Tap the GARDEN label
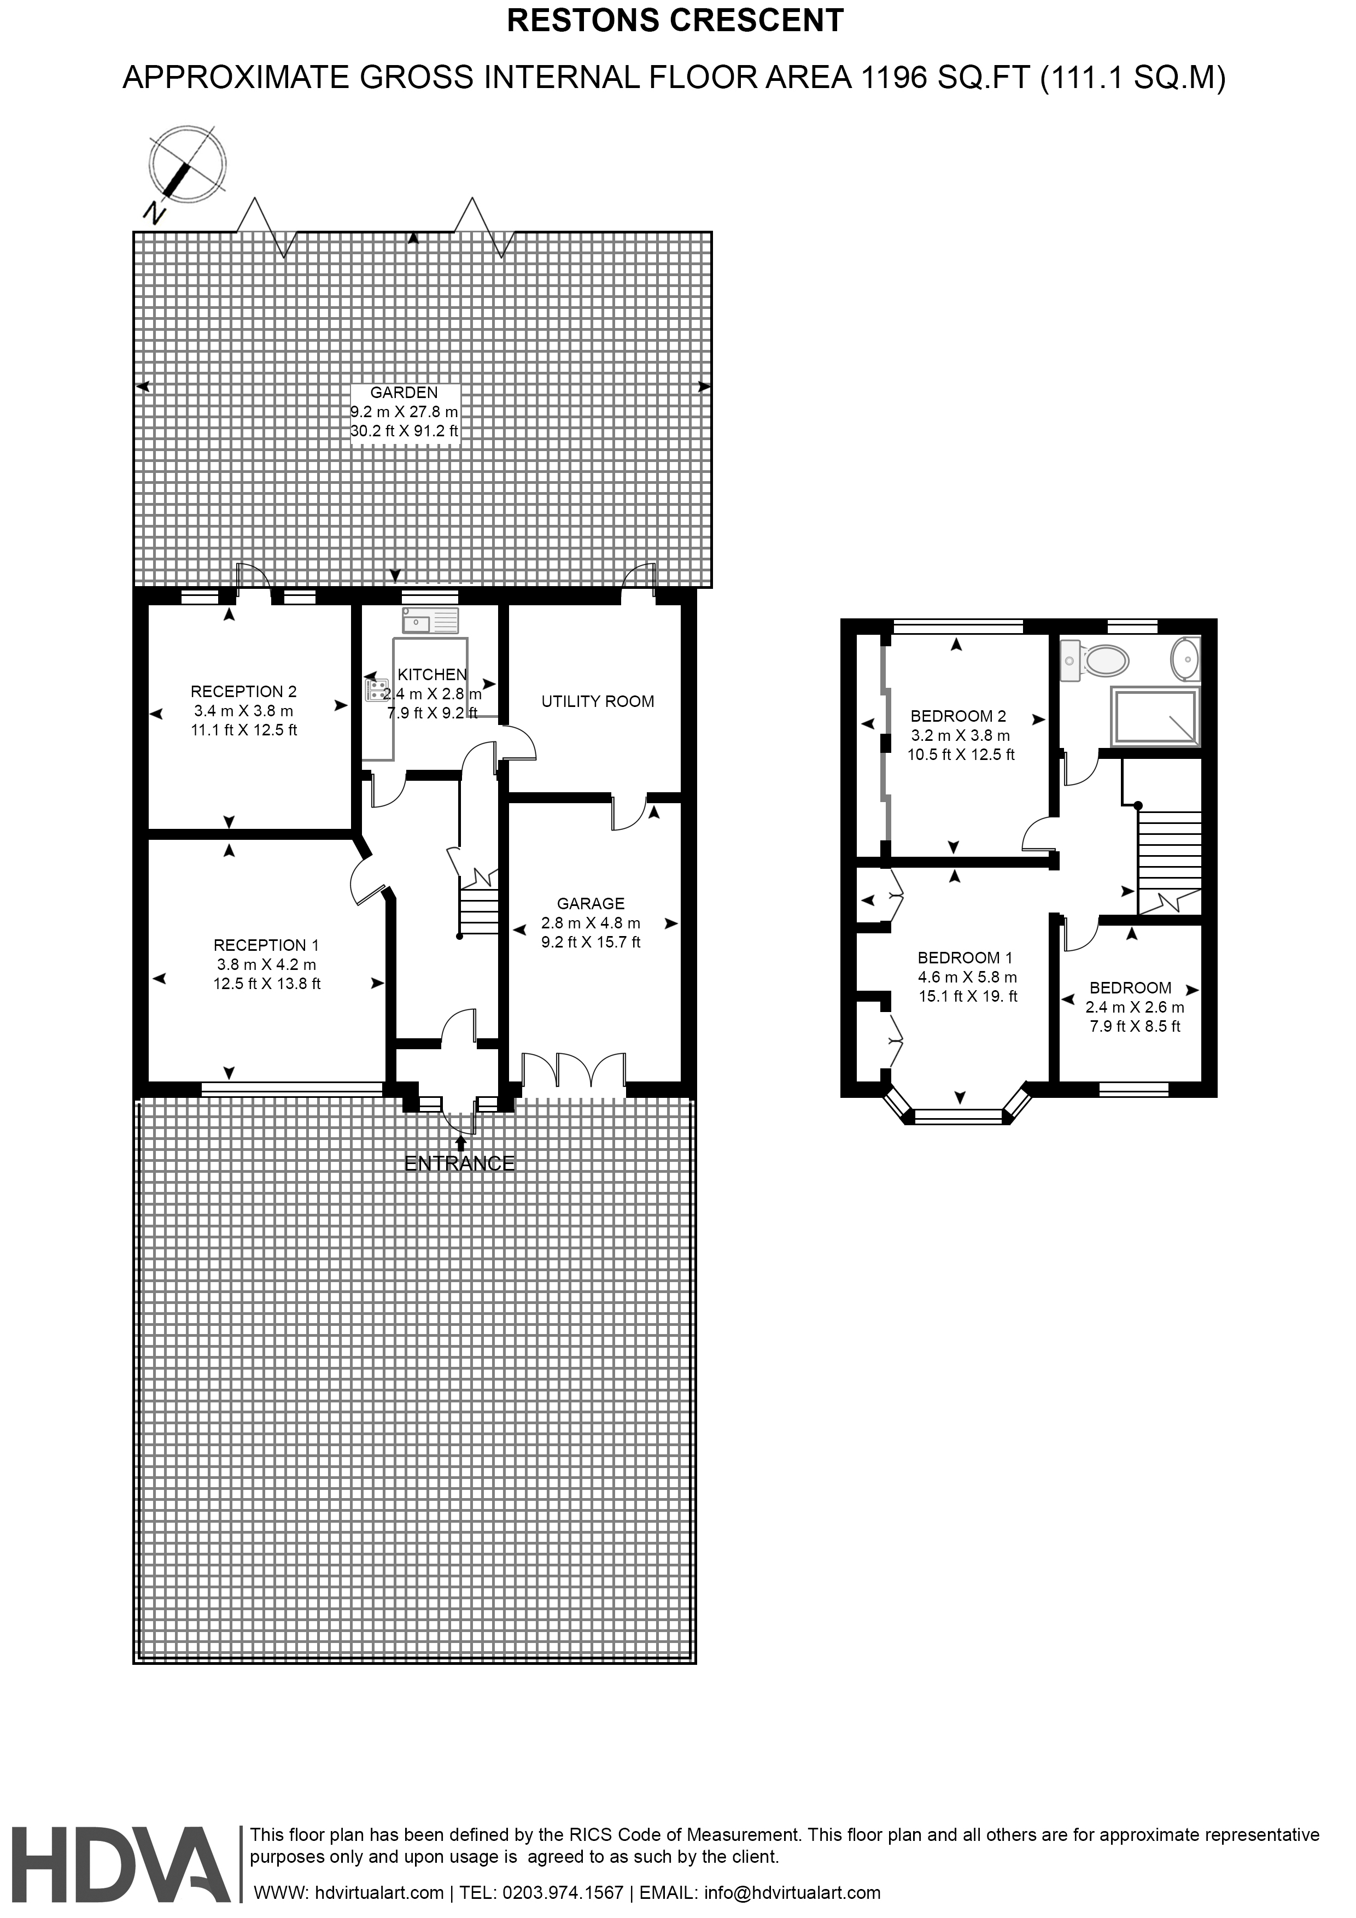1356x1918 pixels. tap(405, 393)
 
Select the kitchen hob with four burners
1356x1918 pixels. tap(377, 690)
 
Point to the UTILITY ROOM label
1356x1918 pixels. tap(598, 701)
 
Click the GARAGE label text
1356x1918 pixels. tap(591, 903)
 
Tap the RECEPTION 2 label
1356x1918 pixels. tap(243, 692)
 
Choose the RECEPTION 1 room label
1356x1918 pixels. tap(266, 946)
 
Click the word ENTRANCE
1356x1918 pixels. tap(459, 1163)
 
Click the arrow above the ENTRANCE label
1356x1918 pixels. tap(460, 1143)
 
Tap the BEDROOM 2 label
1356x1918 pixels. tap(958, 716)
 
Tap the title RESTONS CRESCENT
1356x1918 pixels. tap(676, 21)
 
